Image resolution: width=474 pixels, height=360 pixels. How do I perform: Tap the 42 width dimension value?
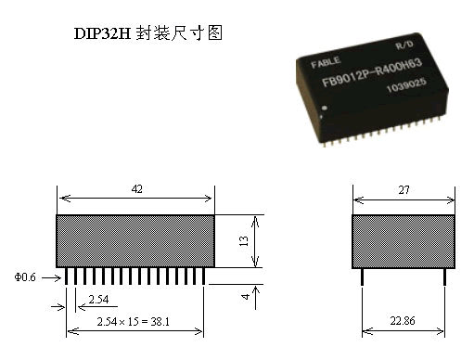coord(136,188)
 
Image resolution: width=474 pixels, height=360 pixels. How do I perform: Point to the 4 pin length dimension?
coord(243,295)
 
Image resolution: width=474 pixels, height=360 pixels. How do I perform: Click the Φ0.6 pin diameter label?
coord(27,276)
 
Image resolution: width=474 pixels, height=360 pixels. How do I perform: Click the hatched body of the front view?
coord(135,241)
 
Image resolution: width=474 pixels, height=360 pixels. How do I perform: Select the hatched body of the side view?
coord(404,241)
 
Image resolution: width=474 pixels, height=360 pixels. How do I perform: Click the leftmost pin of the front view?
coord(67,276)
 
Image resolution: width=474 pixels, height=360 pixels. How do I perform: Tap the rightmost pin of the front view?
coord(205,276)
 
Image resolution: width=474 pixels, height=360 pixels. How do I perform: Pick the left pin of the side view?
coord(362,277)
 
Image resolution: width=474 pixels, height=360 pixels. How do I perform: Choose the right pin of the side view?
coord(444,277)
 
